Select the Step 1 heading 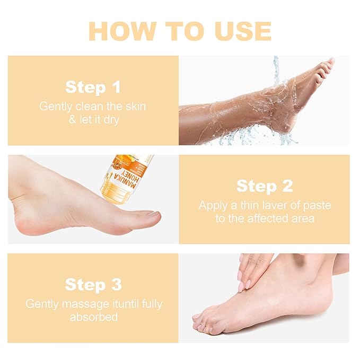point(93,87)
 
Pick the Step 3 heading point(93,284)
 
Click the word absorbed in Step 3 point(93,317)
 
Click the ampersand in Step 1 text point(72,119)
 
